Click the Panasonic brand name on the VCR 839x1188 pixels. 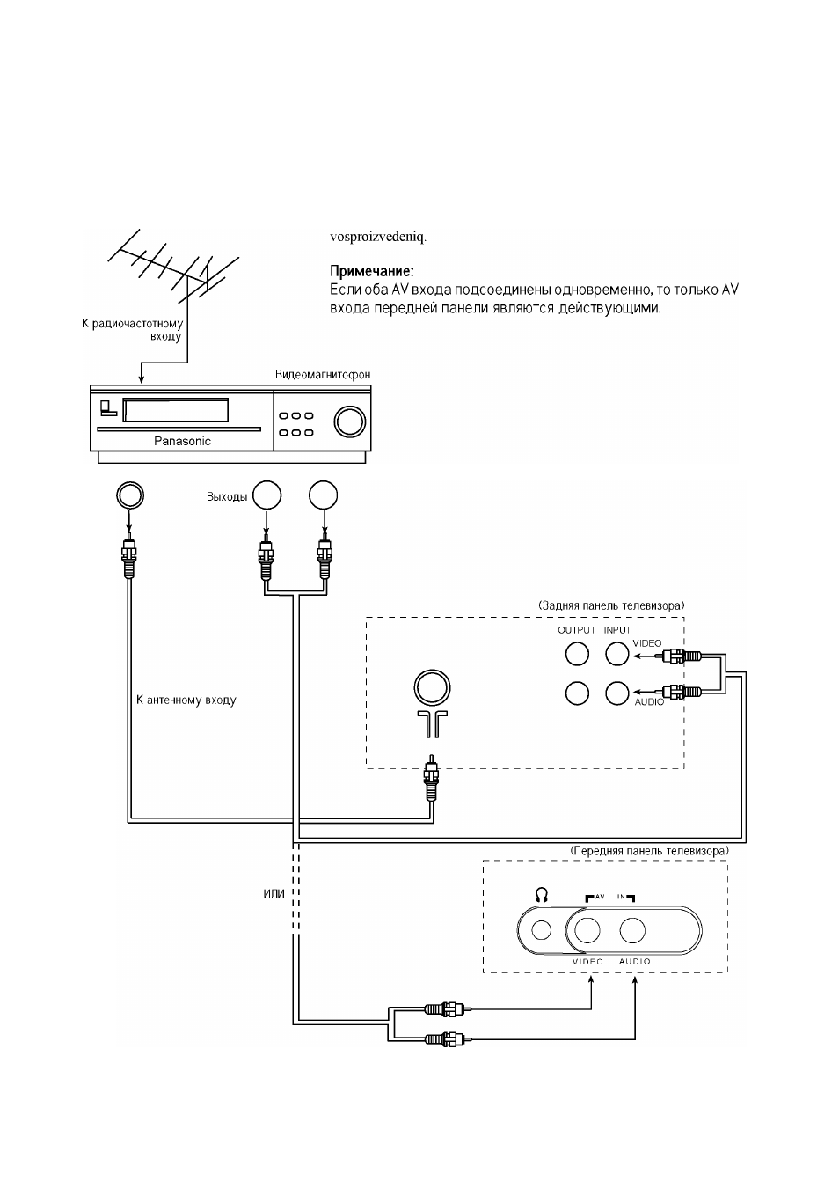click(182, 441)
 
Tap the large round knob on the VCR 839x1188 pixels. click(350, 422)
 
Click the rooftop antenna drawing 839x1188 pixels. click(173, 267)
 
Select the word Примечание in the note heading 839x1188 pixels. click(371, 272)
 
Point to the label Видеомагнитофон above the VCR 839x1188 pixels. click(323, 374)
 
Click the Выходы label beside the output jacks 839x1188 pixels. click(227, 497)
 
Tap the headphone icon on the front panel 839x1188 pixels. click(542, 896)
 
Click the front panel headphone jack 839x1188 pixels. click(541, 929)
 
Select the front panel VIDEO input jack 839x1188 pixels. click(587, 930)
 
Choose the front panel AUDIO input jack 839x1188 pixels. click(632, 930)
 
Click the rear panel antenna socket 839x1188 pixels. click(432, 687)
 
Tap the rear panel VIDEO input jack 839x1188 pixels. click(616, 653)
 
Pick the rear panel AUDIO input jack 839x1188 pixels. click(616, 693)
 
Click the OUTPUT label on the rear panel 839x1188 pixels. click(577, 630)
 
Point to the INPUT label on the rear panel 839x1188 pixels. click(617, 630)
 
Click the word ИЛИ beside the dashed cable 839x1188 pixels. click(274, 894)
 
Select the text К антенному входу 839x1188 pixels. click(186, 700)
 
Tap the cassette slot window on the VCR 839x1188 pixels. click(175, 410)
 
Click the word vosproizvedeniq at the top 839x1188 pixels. click(378, 237)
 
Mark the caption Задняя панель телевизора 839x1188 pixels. click(611, 605)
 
